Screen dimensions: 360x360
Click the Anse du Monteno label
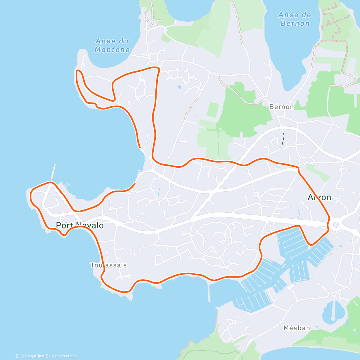tap(112, 45)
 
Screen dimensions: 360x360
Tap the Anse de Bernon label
tap(294, 19)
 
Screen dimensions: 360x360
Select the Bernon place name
tap(281, 107)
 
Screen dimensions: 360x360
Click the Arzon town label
tap(319, 197)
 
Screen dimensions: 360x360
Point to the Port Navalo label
tap(80, 225)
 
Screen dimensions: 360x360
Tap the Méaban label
tap(297, 328)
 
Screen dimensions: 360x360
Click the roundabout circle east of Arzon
tap(336, 224)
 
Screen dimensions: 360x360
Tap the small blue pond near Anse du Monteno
tap(179, 87)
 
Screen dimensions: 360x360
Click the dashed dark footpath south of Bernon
tap(282, 140)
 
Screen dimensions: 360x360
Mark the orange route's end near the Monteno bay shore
tap(139, 147)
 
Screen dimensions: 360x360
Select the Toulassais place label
tap(109, 265)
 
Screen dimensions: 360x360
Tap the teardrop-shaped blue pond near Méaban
tap(332, 310)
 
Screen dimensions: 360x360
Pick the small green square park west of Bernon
tap(212, 110)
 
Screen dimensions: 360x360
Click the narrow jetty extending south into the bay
tap(208, 292)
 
